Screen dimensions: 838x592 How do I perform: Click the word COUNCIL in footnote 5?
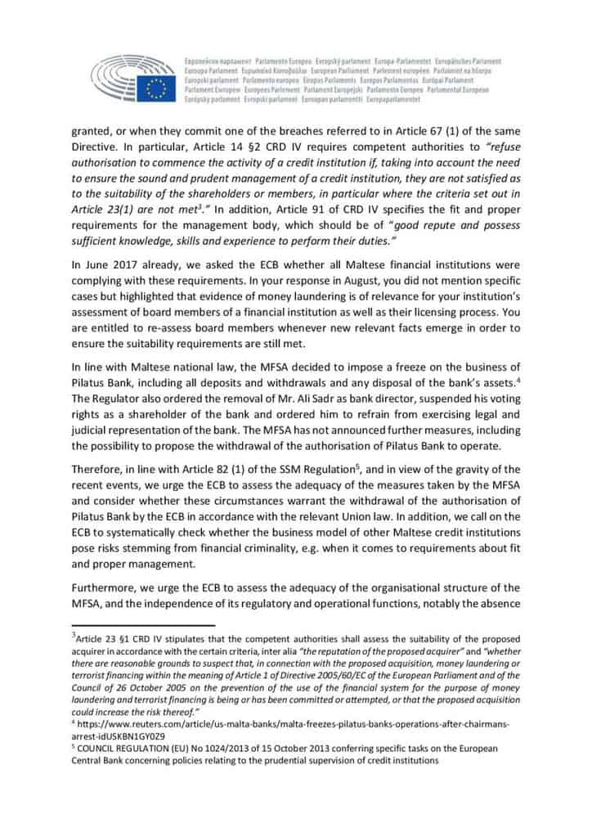point(101,748)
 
